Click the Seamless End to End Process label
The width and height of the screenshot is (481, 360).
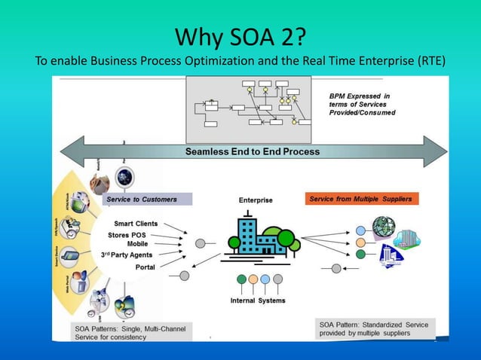coord(253,151)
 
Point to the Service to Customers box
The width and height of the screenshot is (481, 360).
coord(142,200)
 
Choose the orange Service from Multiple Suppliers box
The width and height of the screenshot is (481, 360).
coord(363,199)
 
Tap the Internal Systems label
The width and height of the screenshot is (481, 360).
coord(258,301)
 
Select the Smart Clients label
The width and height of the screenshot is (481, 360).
coord(136,224)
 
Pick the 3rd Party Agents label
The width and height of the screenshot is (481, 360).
coord(127,255)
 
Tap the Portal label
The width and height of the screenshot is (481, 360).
coord(145,267)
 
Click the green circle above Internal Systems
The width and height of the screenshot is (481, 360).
coord(242,279)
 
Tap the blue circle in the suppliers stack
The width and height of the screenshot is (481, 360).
coord(361,230)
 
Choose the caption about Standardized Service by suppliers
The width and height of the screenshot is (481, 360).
coord(375,328)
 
